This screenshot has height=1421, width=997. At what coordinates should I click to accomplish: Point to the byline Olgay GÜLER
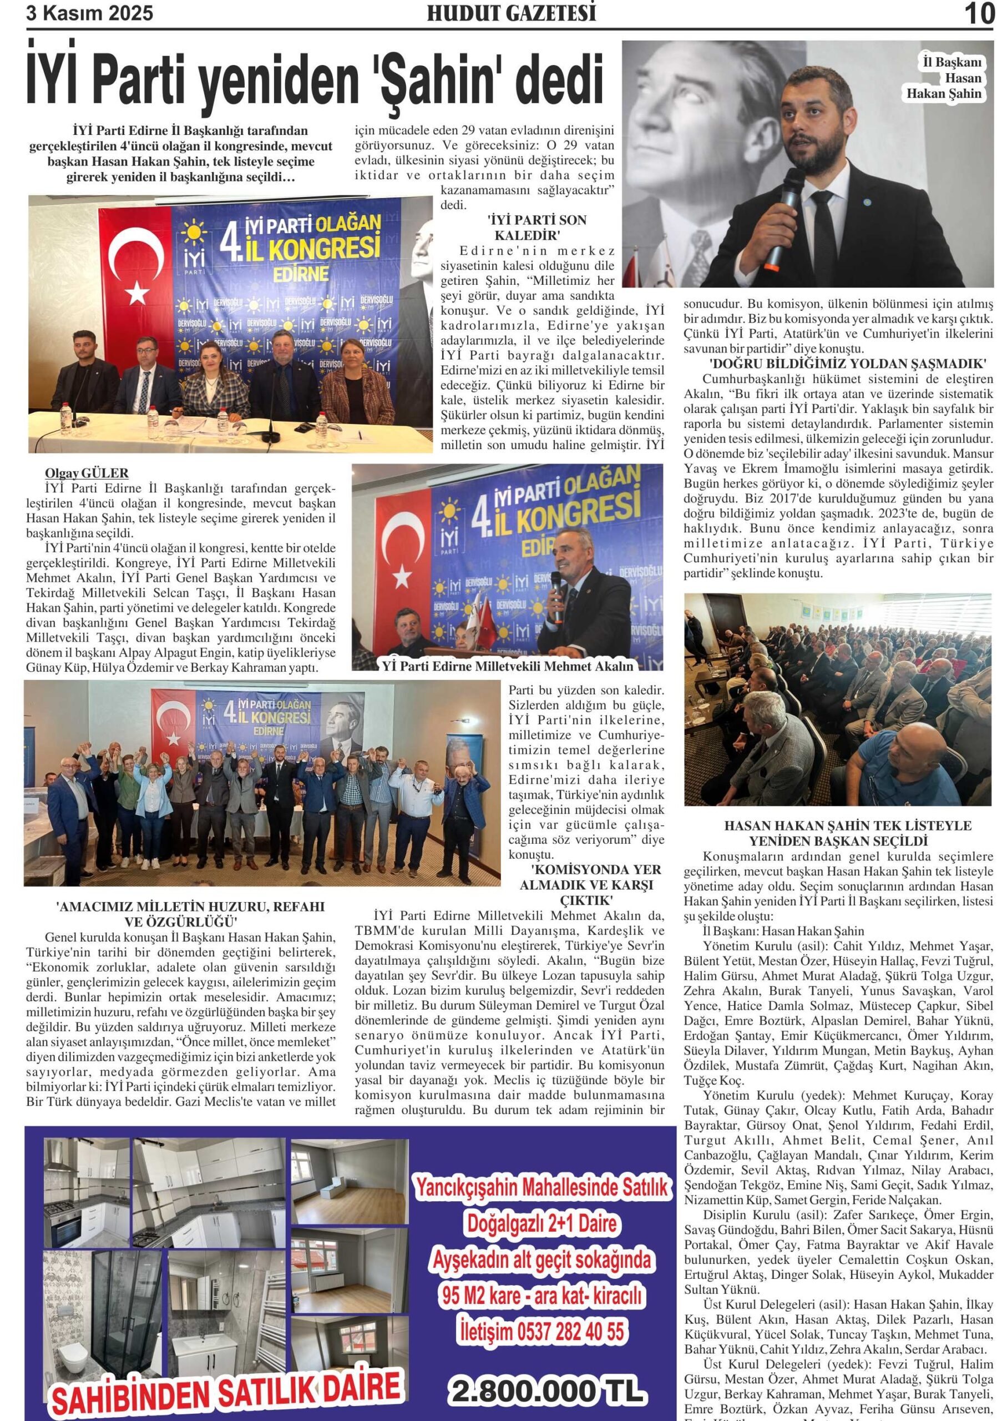(x=87, y=473)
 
